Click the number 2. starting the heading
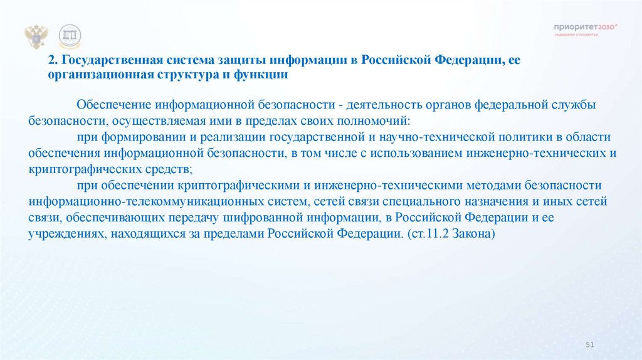(x=53, y=61)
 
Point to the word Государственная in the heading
(x=108, y=61)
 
